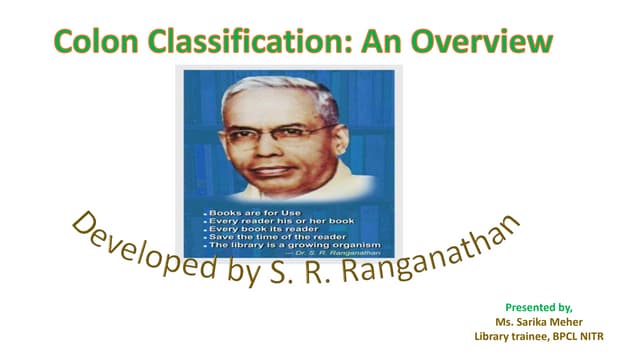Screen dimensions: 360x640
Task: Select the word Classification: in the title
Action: [x=251, y=41]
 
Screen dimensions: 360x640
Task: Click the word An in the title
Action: [x=384, y=41]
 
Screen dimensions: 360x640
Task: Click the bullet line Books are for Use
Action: [x=244, y=212]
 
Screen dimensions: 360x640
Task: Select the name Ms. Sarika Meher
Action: [x=541, y=322]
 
